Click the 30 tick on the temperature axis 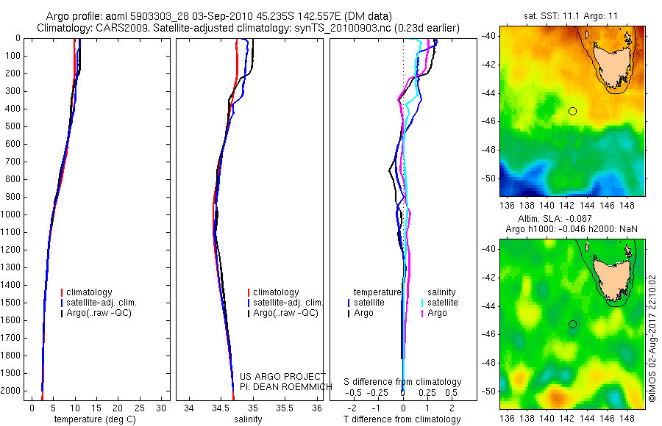coord(163,408)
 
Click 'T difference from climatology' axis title coord(403,419)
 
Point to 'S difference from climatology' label coord(403,382)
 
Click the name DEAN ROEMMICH coord(290,387)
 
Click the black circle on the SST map coord(572,111)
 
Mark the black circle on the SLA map coord(572,324)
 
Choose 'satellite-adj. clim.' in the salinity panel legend coord(288,303)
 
